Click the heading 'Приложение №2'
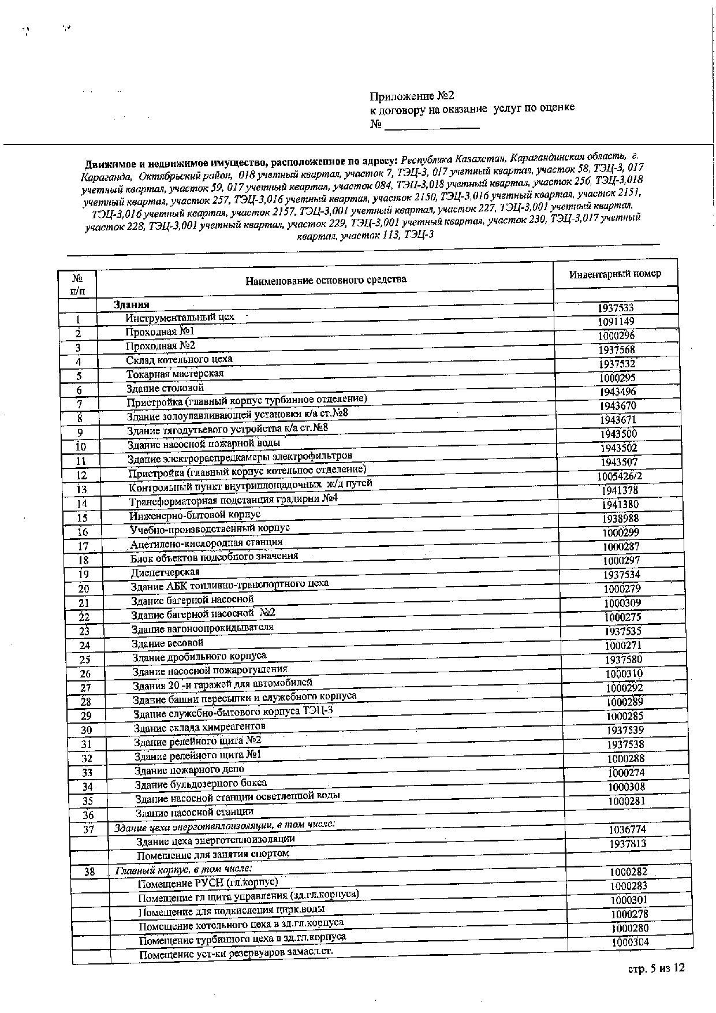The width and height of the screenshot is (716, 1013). pos(408,96)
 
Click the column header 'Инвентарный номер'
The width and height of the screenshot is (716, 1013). pos(615,274)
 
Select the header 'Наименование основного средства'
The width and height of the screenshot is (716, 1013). pos(326,281)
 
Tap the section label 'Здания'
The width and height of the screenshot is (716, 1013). pos(132,304)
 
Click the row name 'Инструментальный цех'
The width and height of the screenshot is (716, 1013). pos(180,317)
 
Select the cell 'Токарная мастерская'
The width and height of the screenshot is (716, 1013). pos(175,374)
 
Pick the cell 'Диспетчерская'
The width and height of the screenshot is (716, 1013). pos(165,572)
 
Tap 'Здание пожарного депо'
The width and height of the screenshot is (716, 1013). pos(189,770)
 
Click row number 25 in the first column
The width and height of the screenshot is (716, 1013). pos(85,660)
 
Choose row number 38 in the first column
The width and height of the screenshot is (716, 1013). pos(89,872)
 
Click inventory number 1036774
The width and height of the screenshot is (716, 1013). pos(627,830)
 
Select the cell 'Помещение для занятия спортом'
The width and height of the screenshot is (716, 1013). pos(213,854)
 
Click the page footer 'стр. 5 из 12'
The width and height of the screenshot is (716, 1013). pos(656,968)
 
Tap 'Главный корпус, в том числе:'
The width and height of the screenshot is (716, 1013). pos(184,869)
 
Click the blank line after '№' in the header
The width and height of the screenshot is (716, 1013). pos(432,126)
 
